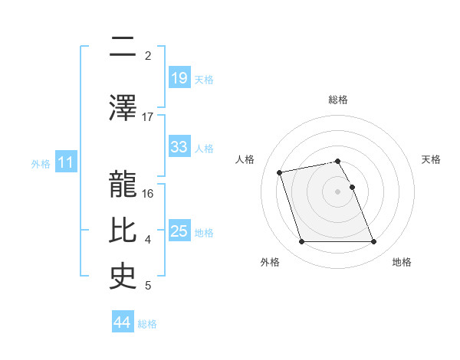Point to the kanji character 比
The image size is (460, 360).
(123, 229)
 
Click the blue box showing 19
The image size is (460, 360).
(179, 77)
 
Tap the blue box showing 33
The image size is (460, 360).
(179, 147)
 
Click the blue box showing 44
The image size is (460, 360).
(123, 322)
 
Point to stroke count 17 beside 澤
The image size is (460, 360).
(148, 116)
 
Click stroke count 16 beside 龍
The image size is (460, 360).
(148, 193)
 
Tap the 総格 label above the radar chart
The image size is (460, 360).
(338, 100)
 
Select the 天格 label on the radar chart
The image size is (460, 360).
(431, 159)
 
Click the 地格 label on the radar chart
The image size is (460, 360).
(402, 262)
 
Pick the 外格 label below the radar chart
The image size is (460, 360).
(270, 262)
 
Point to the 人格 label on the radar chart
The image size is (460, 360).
(245, 159)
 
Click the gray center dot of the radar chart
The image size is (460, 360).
(338, 191)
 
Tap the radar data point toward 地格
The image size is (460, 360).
(373, 242)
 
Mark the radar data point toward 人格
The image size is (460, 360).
(280, 172)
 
